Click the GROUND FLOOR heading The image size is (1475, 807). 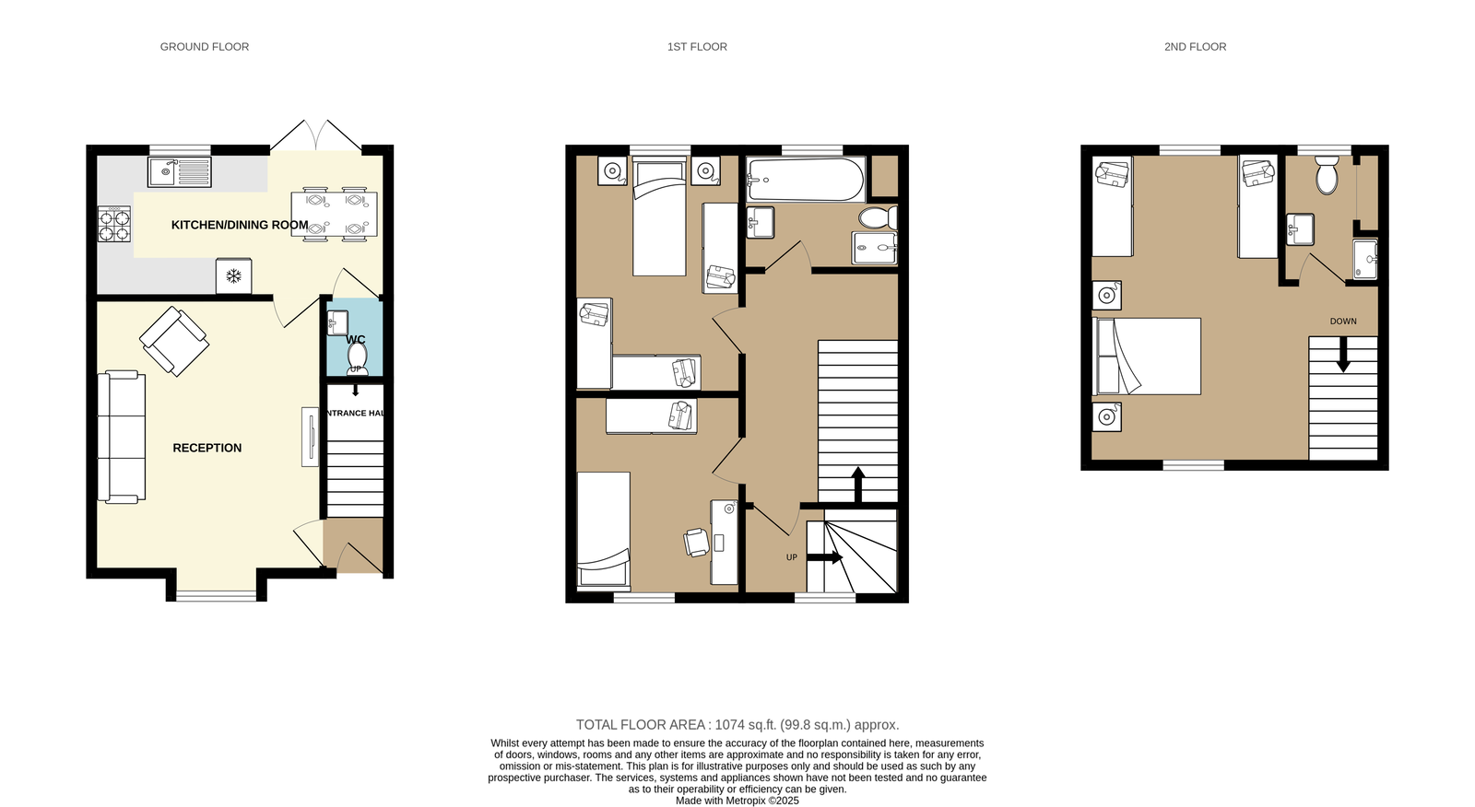pyautogui.click(x=205, y=47)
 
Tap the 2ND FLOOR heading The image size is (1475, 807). pyautogui.click(x=1195, y=47)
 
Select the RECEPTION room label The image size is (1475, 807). pyautogui.click(x=207, y=448)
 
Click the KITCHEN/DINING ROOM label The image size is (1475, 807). pyautogui.click(x=240, y=225)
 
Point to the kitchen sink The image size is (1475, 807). pyautogui.click(x=179, y=171)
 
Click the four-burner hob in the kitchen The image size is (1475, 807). pyautogui.click(x=114, y=224)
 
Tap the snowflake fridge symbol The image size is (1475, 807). pyautogui.click(x=234, y=275)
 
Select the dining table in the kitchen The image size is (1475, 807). pyautogui.click(x=334, y=214)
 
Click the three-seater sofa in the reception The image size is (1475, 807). pyautogui.click(x=122, y=437)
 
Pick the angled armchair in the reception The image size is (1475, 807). pyautogui.click(x=174, y=341)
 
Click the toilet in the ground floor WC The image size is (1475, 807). pyautogui.click(x=357, y=357)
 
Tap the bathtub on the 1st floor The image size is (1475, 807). pyautogui.click(x=805, y=180)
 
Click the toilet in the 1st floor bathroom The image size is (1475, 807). pyautogui.click(x=877, y=217)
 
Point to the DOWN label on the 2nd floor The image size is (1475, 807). pyautogui.click(x=1343, y=322)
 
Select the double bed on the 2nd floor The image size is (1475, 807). pyautogui.click(x=1147, y=357)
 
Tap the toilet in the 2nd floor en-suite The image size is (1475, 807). pyautogui.click(x=1327, y=176)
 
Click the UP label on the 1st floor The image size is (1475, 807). pyautogui.click(x=791, y=557)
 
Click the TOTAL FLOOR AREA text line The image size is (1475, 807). pyautogui.click(x=737, y=725)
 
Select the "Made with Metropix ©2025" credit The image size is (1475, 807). pyautogui.click(x=737, y=801)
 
